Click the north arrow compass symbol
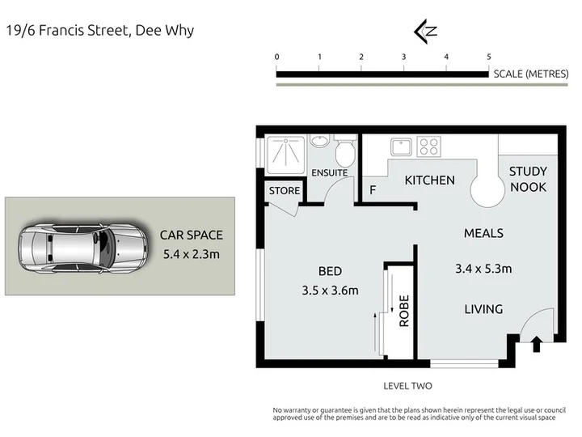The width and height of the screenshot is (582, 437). point(425,32)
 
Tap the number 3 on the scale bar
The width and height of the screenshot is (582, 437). point(403,57)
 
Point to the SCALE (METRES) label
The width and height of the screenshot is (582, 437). point(531,74)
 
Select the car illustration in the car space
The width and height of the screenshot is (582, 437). point(82,248)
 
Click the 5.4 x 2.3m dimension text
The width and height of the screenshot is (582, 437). point(191,255)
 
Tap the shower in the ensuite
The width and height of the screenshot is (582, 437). point(285,155)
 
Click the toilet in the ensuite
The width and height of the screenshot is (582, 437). point(345,151)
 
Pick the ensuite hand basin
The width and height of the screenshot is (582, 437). point(319,141)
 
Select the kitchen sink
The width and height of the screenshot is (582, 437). point(401,146)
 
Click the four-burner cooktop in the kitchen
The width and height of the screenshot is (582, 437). point(428,146)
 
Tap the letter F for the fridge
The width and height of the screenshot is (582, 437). point(373,190)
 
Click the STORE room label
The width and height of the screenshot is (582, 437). point(285,191)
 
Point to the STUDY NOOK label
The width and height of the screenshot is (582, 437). point(528,179)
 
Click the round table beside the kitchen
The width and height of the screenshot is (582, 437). point(487,189)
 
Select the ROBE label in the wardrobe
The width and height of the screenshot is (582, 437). point(404,311)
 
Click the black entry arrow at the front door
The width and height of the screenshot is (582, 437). point(537,344)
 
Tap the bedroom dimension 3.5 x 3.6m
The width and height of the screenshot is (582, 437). point(330,291)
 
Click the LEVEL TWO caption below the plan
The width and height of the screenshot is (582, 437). point(407,386)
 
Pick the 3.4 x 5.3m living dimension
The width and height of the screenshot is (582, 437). point(483,269)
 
